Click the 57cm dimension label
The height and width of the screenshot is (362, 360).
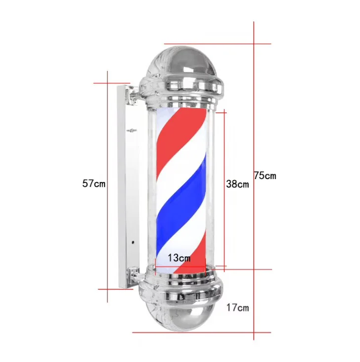click(x=94, y=184)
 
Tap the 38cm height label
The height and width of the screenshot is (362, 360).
click(x=237, y=184)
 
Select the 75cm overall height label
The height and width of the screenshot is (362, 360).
click(x=265, y=176)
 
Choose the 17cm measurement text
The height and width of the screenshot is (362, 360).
click(x=238, y=308)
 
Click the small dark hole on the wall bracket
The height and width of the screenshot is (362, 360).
click(x=133, y=243)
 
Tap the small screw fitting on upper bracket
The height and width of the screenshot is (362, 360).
click(x=132, y=131)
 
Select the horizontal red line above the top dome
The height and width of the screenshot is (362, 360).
click(x=217, y=43)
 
